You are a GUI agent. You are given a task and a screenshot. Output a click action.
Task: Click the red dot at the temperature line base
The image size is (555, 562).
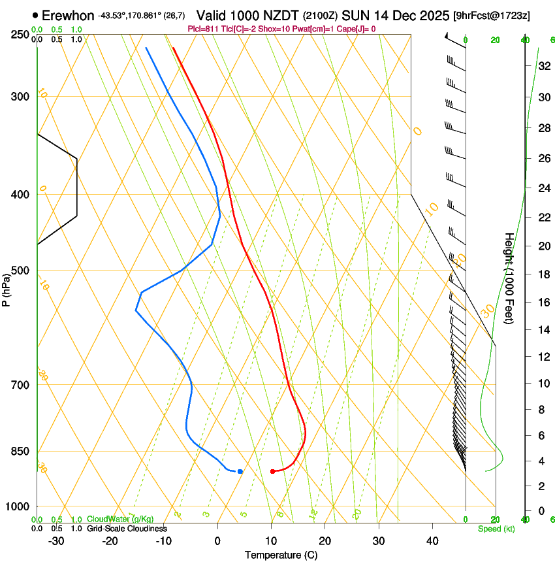[272, 471]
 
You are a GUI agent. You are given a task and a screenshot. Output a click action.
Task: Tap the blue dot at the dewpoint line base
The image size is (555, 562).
[240, 471]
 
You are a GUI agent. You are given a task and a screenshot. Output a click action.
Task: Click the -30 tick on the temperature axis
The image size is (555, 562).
[56, 540]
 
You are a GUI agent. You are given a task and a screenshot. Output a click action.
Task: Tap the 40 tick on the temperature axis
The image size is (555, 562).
[432, 540]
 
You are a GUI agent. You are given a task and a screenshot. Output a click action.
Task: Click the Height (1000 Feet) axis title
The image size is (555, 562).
[510, 278]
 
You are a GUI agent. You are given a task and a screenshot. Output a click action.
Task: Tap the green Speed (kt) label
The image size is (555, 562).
[496, 529]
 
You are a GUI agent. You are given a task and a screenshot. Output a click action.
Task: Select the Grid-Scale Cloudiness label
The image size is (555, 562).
[127, 529]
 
